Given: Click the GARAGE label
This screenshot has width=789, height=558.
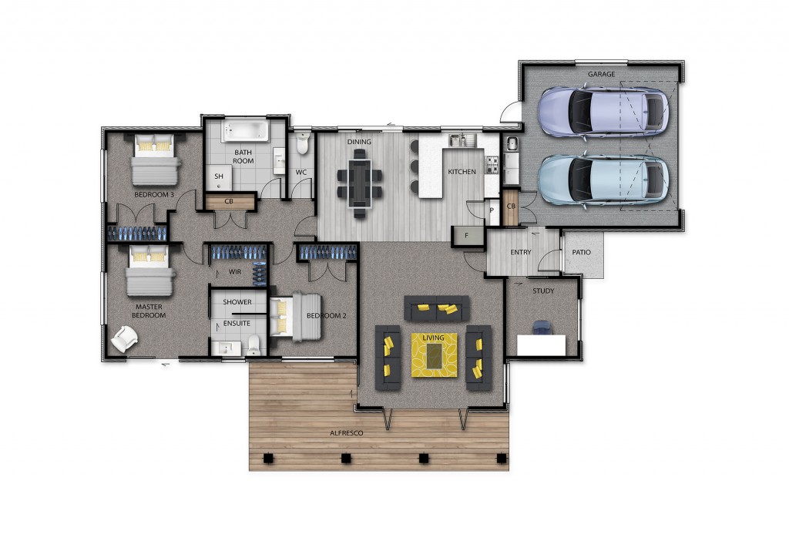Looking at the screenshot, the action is (601, 74).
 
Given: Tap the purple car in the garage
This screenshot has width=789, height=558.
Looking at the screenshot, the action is (603, 112).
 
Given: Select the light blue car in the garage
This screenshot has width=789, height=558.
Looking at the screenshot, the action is (603, 180).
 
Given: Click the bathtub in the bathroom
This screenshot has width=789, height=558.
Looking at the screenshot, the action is (246, 130).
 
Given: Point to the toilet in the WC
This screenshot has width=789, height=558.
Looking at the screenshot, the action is (302, 143).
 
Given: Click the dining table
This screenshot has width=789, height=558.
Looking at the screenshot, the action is (360, 183).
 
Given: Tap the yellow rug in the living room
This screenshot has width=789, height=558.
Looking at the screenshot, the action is (435, 355).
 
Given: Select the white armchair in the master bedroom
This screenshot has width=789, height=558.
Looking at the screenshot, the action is (124, 338).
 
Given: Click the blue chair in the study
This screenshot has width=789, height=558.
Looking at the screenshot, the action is (542, 328).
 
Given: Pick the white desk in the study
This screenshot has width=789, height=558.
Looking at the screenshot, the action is (542, 345).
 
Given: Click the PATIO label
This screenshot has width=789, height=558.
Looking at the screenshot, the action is (581, 252).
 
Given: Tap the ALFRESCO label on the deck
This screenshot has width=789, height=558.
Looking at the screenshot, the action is (346, 432).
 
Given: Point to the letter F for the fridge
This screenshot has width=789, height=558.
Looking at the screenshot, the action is (466, 236).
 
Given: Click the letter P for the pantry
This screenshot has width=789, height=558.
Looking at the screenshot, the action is (492, 210).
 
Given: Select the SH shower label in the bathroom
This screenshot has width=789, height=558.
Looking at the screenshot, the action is (218, 176).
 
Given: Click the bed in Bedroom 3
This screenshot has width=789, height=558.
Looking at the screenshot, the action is (155, 159).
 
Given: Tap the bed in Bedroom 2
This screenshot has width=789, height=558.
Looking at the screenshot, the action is (295, 317).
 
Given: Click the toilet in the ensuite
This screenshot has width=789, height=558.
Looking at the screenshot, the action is (253, 345).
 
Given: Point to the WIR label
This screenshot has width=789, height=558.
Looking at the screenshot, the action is (235, 272).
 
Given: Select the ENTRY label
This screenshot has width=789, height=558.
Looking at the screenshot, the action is (521, 252).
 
